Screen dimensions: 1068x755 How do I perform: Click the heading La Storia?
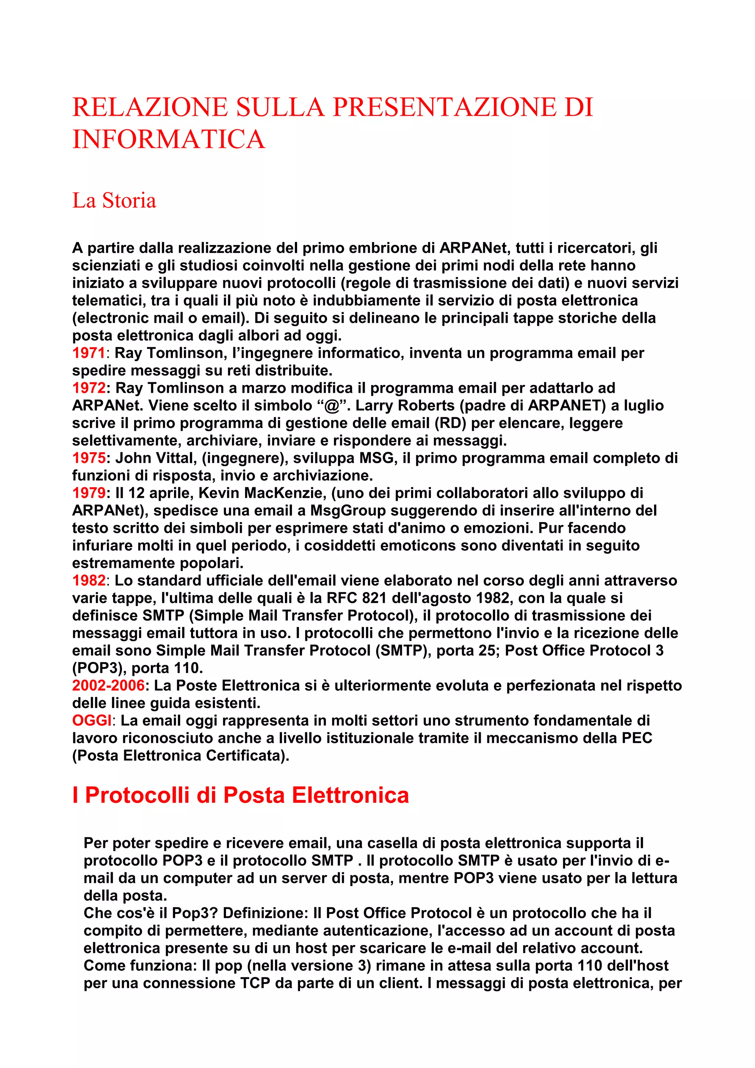click(x=114, y=200)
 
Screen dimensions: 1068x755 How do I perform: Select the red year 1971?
click(x=88, y=353)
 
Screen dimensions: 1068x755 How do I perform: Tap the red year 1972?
click(x=88, y=388)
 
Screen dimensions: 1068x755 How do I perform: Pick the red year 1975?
click(x=88, y=458)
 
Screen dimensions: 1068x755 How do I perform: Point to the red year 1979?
click(x=88, y=493)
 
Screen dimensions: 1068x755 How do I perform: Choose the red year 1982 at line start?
click(x=88, y=580)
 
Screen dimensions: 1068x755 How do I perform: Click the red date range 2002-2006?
click(x=108, y=685)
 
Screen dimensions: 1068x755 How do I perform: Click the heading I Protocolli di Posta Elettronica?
click(x=240, y=795)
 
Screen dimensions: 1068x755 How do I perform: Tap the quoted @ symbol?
click(x=331, y=406)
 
